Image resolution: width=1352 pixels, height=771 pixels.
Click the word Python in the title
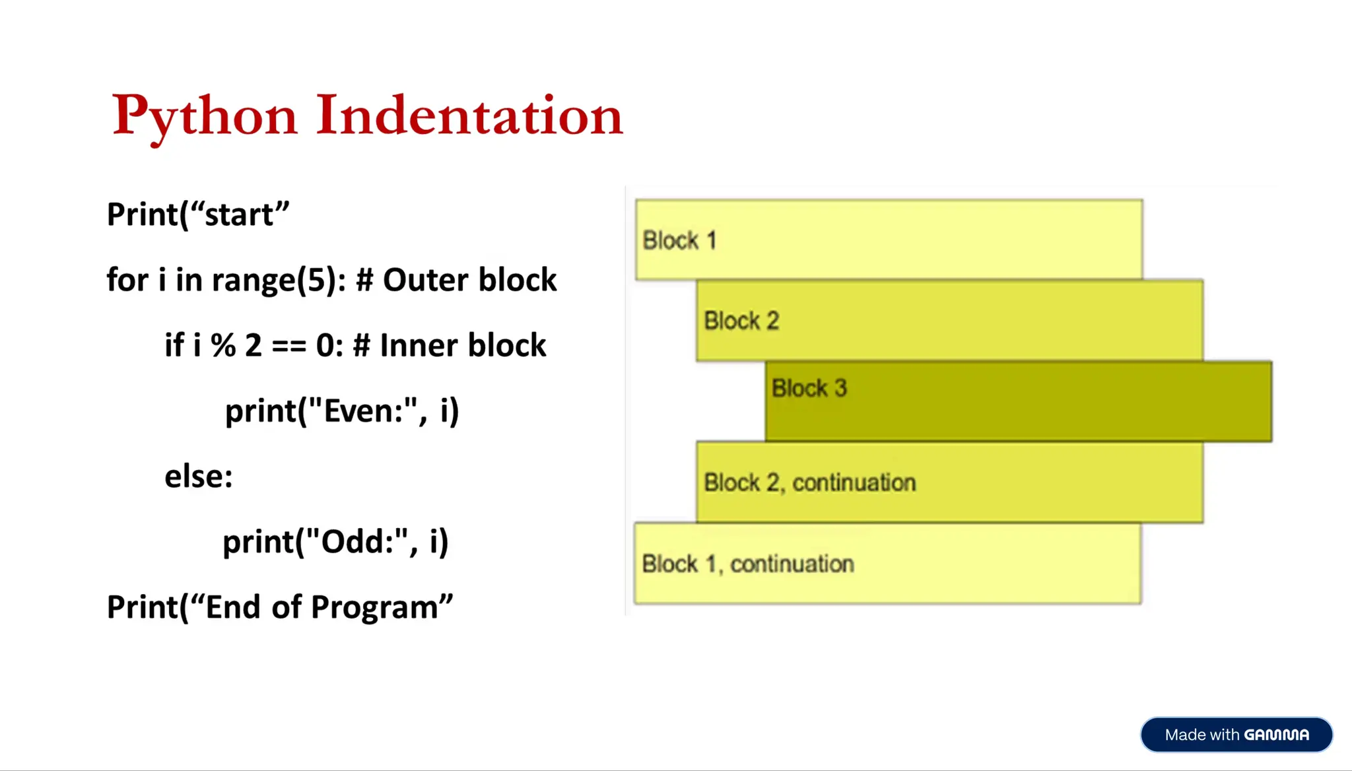coord(205,116)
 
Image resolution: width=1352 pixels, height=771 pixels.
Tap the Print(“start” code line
coord(198,215)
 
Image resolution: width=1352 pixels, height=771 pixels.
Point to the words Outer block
coord(469,280)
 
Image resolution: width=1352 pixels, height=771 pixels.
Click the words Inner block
coord(463,345)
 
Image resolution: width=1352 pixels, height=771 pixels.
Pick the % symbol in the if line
coord(223,345)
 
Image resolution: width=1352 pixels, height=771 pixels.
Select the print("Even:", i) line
coord(342,411)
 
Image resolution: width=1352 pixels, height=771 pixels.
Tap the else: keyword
coord(199,476)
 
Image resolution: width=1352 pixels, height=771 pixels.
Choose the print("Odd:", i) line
coord(335,541)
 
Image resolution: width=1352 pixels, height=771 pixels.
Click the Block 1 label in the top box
coord(679,240)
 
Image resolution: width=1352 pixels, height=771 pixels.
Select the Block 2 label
coord(741,321)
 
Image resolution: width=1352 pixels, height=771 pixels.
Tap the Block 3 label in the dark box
coord(809,388)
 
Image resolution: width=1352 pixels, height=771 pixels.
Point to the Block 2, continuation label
coord(809,483)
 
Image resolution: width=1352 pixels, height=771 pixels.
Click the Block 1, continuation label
coord(748,564)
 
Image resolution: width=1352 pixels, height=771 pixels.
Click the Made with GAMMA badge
coord(1236,735)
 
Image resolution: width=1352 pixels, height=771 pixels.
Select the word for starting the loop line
coord(127,280)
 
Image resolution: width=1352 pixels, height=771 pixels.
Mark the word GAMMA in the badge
coord(1276,735)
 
